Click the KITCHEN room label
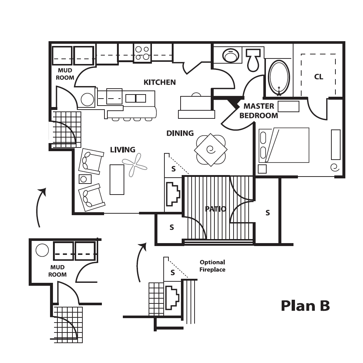(x=160, y=82)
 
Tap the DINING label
(x=180, y=133)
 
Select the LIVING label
(x=123, y=150)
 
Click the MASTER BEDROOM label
(x=259, y=111)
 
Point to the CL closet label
(x=318, y=76)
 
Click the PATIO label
(x=216, y=209)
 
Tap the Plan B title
(x=305, y=306)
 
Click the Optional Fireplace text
(x=212, y=266)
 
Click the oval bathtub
(x=279, y=78)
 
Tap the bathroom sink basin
(x=231, y=55)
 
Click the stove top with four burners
(x=142, y=53)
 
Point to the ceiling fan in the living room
(x=135, y=165)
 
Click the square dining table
(x=211, y=150)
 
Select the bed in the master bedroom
(x=284, y=145)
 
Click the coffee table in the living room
(x=117, y=179)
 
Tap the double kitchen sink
(x=136, y=99)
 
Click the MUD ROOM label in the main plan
(x=65, y=74)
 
